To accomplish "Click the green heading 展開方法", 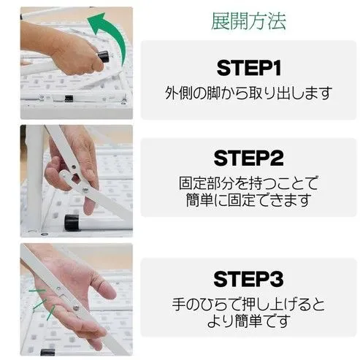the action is point(248,21).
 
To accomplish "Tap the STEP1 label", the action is point(248,68).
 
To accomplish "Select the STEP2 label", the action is point(248,158).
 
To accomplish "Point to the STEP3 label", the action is point(248,279).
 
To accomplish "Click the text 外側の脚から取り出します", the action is point(248,93).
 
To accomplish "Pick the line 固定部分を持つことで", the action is point(248,183).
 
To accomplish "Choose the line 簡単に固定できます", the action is point(248,200).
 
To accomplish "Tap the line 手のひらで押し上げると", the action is point(248,304).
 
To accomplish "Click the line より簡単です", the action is point(248,321).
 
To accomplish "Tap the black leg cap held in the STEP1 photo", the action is point(104,56).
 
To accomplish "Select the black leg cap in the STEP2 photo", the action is point(72,223).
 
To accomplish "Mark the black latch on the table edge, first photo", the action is point(69,99).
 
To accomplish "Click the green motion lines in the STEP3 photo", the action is point(44,303).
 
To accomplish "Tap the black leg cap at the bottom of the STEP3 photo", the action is point(47,352).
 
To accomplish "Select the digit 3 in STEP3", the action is point(277,279).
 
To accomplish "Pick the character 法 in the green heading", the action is point(277,21).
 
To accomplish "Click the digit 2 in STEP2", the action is point(277,158).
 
